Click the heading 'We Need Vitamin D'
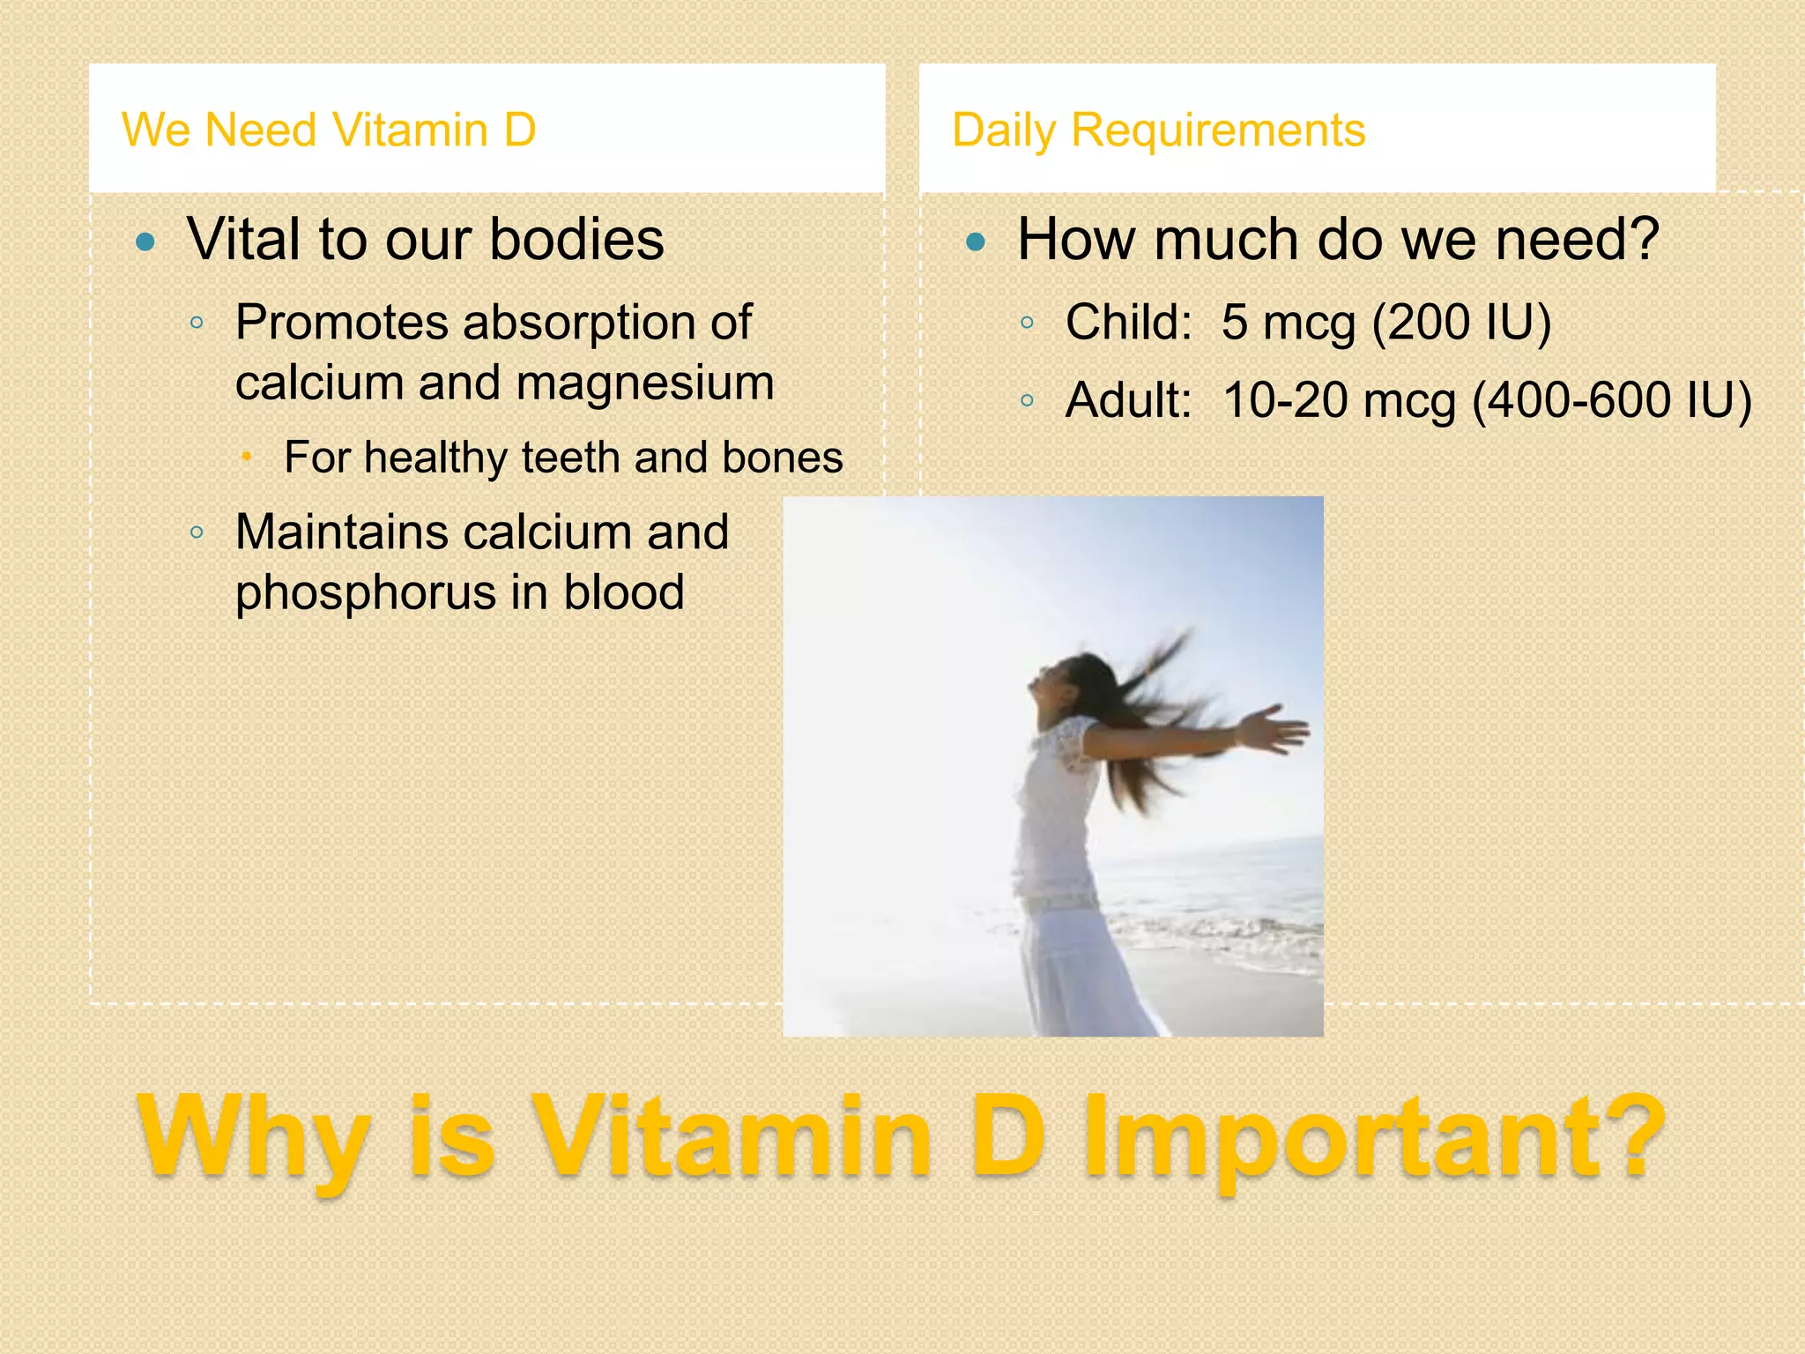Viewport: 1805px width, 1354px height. point(329,130)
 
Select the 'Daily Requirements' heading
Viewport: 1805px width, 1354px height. point(1158,130)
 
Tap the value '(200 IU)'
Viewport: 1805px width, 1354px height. point(1460,322)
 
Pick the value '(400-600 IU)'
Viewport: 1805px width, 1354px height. point(1611,400)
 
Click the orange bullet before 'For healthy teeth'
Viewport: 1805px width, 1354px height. point(248,457)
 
